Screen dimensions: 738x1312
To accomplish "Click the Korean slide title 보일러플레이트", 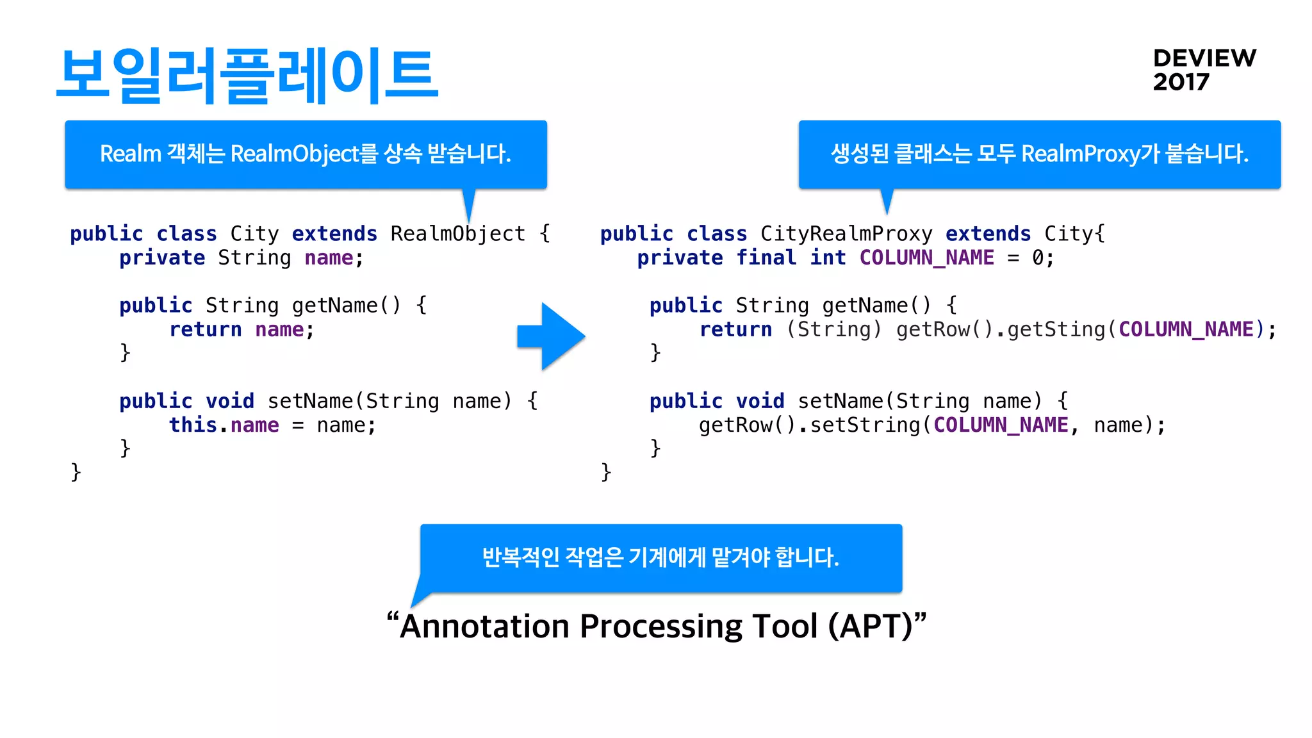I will click(247, 76).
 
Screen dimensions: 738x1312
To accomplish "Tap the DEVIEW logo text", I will click(1204, 58).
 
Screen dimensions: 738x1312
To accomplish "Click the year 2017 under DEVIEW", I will click(1181, 83).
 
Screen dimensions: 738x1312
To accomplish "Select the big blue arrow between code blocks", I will click(551, 336).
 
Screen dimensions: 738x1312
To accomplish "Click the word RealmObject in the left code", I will click(457, 234).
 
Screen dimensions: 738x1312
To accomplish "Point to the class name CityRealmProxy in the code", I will click(846, 234).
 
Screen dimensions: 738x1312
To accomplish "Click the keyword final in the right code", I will click(766, 258).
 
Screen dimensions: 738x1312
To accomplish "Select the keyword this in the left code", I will click(192, 425).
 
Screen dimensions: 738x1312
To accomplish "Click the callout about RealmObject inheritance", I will click(306, 154).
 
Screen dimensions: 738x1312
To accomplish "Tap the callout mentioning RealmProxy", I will click(1039, 154).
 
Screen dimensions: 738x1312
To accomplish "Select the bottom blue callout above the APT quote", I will click(660, 558).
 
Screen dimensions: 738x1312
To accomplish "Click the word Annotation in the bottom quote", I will click(484, 627).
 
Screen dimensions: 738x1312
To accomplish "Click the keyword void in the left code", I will click(229, 402).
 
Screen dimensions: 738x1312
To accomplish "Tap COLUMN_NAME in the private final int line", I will click(926, 258).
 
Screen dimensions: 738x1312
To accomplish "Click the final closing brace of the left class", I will click(76, 473).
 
